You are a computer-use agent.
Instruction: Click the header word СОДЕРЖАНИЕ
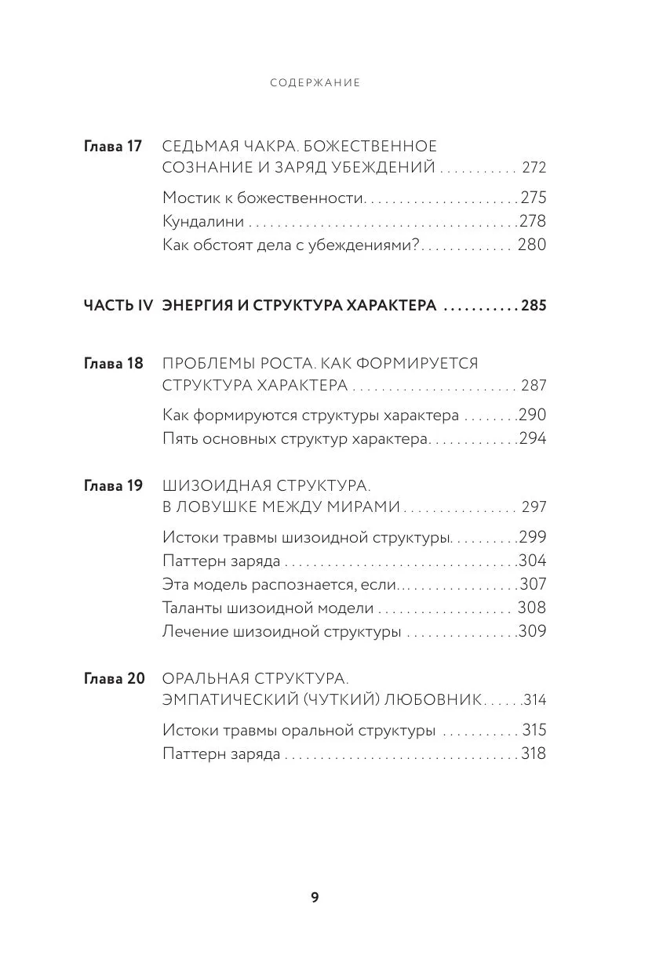tap(315, 82)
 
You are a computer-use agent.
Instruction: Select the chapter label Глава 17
tap(113, 146)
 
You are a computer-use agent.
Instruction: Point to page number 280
tap(531, 245)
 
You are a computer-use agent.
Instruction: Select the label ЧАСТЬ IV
tap(118, 305)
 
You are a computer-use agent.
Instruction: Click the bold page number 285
tap(533, 305)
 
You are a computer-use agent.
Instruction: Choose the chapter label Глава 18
tap(113, 363)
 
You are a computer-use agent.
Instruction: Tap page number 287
tap(533, 386)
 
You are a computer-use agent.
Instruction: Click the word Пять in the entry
tap(180, 438)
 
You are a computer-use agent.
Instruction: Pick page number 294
tap(533, 438)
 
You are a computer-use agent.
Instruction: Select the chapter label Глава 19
tap(113, 485)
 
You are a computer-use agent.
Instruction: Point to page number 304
tap(533, 561)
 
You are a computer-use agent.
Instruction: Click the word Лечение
tap(193, 631)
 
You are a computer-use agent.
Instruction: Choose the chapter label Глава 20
tap(114, 678)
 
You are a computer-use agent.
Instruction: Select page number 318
tap(533, 754)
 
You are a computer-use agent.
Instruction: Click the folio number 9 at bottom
tap(315, 898)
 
